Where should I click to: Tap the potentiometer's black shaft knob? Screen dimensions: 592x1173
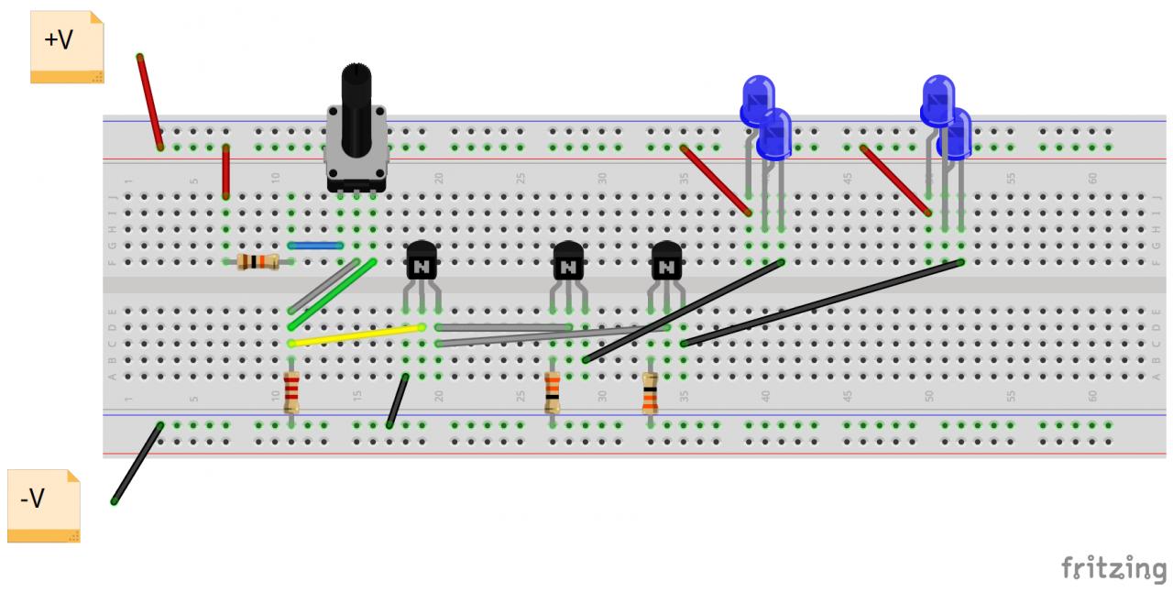[356, 101]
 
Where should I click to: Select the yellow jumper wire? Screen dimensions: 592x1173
[356, 334]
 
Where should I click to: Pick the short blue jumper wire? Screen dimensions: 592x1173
[315, 246]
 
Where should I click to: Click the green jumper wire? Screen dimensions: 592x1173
[332, 294]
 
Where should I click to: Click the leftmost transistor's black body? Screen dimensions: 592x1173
[422, 261]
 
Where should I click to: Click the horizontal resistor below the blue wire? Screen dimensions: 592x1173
[258, 262]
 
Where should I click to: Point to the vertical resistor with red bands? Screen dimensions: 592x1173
[291, 389]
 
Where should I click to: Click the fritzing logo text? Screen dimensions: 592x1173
[1113, 567]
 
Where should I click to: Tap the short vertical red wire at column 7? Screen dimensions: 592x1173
[225, 171]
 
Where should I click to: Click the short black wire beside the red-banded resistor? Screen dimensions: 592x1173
[397, 400]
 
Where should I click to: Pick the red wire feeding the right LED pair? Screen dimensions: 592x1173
[895, 180]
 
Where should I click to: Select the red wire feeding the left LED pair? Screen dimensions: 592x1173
[716, 180]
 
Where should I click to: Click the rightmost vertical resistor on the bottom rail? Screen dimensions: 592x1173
[650, 393]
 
